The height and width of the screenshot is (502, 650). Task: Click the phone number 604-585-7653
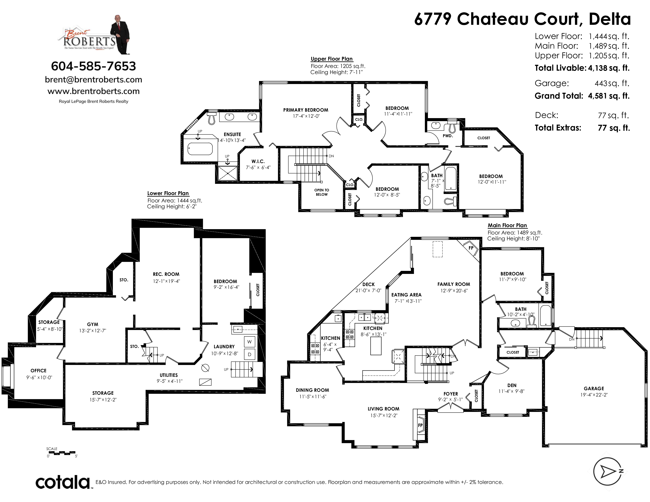pos(93,66)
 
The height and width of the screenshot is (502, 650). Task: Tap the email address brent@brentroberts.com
pos(93,80)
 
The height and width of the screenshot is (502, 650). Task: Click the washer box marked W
pos(249,342)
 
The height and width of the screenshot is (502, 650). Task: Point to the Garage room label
pos(594,388)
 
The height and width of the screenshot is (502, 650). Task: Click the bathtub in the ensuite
pos(200,149)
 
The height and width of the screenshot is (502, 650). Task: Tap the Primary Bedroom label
pos(306,110)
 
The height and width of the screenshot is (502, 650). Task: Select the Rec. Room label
pos(166,274)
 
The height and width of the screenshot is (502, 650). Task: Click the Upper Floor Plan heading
pos(331,59)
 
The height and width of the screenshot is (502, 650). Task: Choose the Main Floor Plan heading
pos(507,225)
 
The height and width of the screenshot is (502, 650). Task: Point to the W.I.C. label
pos(258,161)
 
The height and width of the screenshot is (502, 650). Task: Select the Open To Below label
pos(322,192)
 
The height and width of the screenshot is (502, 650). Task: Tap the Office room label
pos(38,370)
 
